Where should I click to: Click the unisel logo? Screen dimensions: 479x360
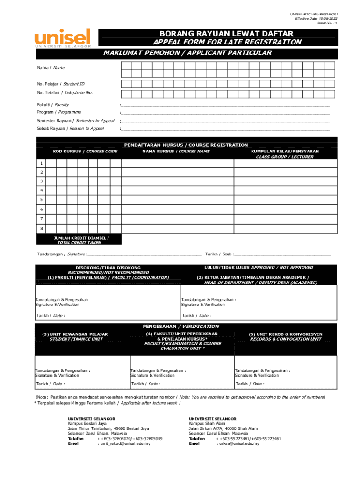[x=62, y=37]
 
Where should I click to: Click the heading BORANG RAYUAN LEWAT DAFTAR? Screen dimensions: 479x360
[x=227, y=34]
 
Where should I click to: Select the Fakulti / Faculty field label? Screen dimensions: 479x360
[x=53, y=105]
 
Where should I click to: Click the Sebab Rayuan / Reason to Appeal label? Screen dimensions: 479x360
[x=71, y=128]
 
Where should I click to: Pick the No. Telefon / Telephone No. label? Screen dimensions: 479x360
[x=65, y=93]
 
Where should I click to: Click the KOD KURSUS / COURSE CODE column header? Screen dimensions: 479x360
[x=85, y=152]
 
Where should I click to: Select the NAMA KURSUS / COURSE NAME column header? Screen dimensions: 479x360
[x=176, y=152]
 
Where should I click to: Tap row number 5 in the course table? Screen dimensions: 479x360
[x=42, y=200]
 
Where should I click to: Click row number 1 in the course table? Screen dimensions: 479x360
[x=42, y=163]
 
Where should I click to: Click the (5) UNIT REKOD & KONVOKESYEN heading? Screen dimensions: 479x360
[x=286, y=334]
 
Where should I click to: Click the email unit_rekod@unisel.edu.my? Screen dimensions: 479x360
[x=124, y=443]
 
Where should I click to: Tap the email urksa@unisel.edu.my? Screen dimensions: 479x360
[x=238, y=443]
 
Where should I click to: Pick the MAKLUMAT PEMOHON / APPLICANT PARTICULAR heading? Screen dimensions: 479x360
[x=187, y=53]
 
